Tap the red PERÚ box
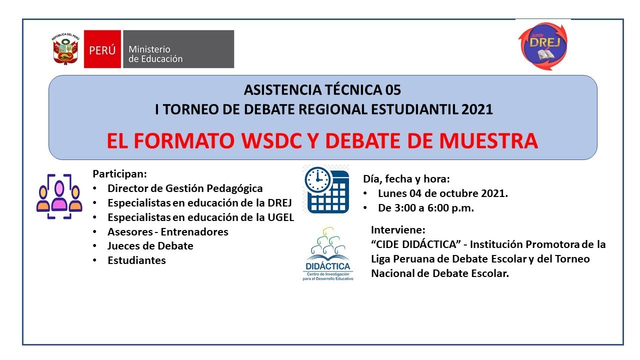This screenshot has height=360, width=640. [102, 49]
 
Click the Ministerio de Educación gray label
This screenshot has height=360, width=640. [177, 49]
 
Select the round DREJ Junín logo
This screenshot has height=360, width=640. [542, 45]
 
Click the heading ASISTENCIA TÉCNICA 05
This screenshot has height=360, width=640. [322, 90]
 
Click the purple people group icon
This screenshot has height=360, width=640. [59, 196]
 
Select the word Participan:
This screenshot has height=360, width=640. [120, 174]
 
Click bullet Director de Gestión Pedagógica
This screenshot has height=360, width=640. [185, 188]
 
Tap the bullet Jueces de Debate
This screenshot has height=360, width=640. [150, 246]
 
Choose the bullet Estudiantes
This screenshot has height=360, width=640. [136, 260]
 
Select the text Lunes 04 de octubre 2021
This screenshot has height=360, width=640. [443, 193]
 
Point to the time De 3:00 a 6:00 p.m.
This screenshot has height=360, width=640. [425, 208]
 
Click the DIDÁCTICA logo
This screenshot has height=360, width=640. [327, 255]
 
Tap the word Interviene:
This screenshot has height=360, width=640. [398, 230]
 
